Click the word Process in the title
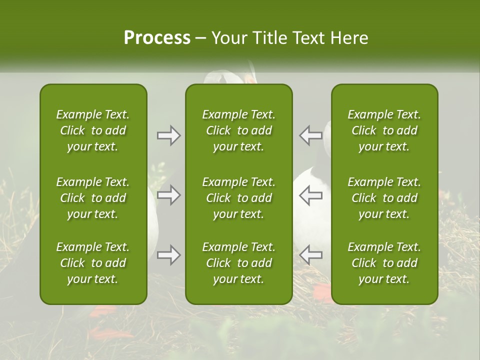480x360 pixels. (x=157, y=37)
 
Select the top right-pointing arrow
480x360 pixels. (x=169, y=135)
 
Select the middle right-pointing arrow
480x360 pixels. (x=169, y=195)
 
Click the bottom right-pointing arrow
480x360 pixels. (x=169, y=255)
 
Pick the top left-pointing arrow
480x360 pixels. (x=310, y=135)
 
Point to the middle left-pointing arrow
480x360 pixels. (x=310, y=195)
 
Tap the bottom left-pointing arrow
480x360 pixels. (x=310, y=255)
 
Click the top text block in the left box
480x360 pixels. (x=93, y=130)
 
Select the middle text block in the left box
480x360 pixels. (x=93, y=198)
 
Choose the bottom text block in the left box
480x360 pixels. (x=93, y=263)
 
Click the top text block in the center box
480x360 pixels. (x=238, y=130)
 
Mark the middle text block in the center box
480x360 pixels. (x=238, y=198)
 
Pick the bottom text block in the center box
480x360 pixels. (x=238, y=263)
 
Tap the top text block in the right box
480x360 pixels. (x=384, y=130)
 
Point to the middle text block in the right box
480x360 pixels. (x=384, y=198)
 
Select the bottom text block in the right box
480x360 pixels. (x=384, y=263)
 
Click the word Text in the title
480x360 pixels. (x=306, y=37)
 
